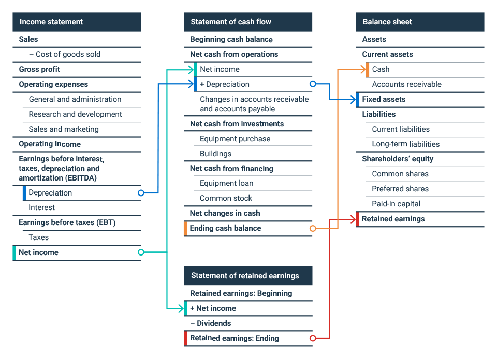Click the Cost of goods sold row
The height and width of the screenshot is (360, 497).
tap(68, 54)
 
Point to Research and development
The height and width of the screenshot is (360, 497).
tap(76, 114)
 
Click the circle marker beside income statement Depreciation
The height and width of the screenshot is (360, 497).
tap(141, 193)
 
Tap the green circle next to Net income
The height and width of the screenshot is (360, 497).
tap(141, 252)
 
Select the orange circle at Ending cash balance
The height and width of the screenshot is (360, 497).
tap(312, 228)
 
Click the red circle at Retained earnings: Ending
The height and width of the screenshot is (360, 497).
tap(312, 338)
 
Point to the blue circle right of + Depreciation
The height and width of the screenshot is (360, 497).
tap(312, 84)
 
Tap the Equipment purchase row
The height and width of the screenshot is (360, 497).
tap(235, 139)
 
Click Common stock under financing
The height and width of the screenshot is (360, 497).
tap(226, 198)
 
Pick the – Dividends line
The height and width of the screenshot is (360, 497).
tap(211, 323)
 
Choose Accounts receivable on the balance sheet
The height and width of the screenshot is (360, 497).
tap(406, 84)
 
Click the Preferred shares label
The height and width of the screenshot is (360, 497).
tap(400, 189)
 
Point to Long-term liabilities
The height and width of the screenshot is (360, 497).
tap(406, 144)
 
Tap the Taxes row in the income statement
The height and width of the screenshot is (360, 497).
tap(39, 237)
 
